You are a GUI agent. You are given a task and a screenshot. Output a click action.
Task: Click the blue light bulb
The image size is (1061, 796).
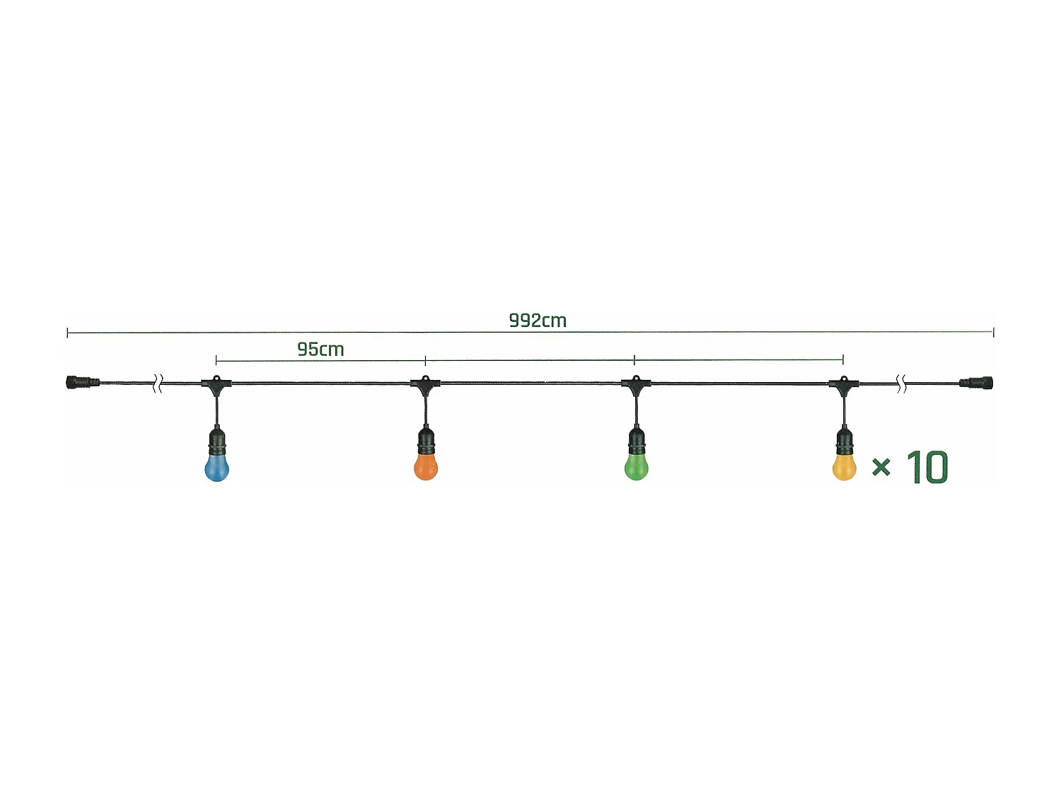point(217,468)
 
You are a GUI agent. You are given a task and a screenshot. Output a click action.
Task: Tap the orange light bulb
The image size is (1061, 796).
point(425,468)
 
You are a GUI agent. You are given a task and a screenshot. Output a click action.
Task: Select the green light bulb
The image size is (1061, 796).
point(637,468)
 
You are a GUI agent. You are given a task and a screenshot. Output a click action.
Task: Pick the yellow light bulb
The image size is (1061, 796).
point(844,468)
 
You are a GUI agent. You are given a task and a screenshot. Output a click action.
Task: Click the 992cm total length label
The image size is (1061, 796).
point(538,321)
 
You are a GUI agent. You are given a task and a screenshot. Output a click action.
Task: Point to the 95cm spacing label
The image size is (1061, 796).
point(320,350)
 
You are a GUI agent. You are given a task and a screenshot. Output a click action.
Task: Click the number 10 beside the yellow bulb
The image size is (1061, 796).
point(927,468)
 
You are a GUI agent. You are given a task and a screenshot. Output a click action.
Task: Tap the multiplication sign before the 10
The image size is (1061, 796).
point(881,467)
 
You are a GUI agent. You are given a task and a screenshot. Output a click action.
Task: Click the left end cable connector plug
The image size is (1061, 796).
point(82,383)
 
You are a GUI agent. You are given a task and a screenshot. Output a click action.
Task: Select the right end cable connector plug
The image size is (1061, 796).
point(977,383)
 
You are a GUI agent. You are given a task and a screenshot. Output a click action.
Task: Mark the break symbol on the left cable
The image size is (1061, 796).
point(159,384)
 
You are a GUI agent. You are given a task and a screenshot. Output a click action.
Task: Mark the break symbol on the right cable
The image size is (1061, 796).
point(902,384)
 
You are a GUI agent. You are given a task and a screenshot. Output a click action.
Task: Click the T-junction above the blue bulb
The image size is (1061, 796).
point(216,384)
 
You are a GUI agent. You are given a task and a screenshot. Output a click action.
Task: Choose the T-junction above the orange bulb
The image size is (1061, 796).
point(425,384)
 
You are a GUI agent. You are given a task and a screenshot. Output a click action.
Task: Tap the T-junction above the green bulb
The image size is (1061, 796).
point(636,384)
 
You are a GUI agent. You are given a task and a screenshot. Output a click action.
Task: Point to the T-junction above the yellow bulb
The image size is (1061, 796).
point(843,384)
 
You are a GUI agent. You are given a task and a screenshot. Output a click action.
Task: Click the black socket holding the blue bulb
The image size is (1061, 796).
point(217,442)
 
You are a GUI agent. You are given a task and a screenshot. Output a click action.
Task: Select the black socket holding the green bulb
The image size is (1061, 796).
point(637,442)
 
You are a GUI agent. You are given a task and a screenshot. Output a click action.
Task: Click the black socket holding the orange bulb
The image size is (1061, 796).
point(425,442)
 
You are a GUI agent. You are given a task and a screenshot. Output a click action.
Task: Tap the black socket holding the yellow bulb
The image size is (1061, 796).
point(843,442)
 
